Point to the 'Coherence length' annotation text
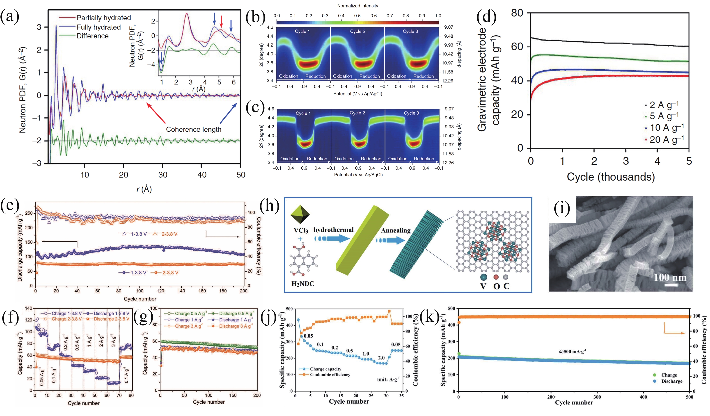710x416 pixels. [194, 130]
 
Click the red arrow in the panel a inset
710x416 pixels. [221, 21]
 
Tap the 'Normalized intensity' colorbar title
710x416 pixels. [357, 6]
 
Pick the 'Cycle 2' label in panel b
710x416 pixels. [357, 31]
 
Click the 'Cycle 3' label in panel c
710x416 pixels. [411, 113]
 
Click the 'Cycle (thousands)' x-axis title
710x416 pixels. [611, 177]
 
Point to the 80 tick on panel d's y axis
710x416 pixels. [517, 13]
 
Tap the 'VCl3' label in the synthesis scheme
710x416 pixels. [301, 230]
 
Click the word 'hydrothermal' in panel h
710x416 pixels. [333, 230]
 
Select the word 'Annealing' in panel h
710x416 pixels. [396, 230]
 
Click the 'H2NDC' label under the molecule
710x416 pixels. [302, 284]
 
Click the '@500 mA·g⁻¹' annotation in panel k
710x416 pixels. [572, 351]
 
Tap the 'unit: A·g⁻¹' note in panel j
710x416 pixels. [388, 380]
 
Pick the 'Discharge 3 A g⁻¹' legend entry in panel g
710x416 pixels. [236, 326]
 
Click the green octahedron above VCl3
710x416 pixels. [300, 215]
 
